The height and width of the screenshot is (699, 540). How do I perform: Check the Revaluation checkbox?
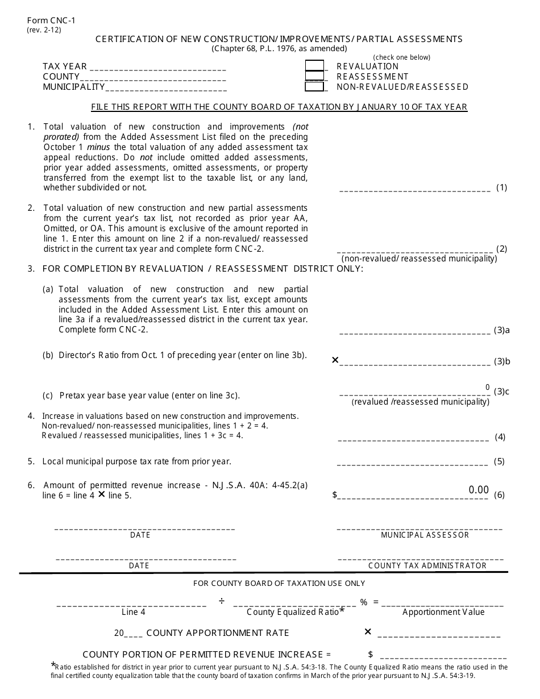314,66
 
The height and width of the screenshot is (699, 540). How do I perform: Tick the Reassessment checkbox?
314,76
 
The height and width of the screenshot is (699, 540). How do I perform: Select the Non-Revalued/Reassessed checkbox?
314,86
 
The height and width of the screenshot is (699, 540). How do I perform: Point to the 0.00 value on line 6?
479,490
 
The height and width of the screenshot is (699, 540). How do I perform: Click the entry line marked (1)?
415,190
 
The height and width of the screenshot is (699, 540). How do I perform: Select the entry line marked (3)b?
415,363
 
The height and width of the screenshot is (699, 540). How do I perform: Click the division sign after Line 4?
222,602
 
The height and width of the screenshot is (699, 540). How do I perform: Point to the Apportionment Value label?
443,612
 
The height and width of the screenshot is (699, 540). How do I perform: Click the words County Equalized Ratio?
293,612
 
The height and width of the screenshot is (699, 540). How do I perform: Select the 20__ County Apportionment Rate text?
201,633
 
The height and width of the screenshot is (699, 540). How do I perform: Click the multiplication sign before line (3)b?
335,360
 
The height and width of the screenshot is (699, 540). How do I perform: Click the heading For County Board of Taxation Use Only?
279,583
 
